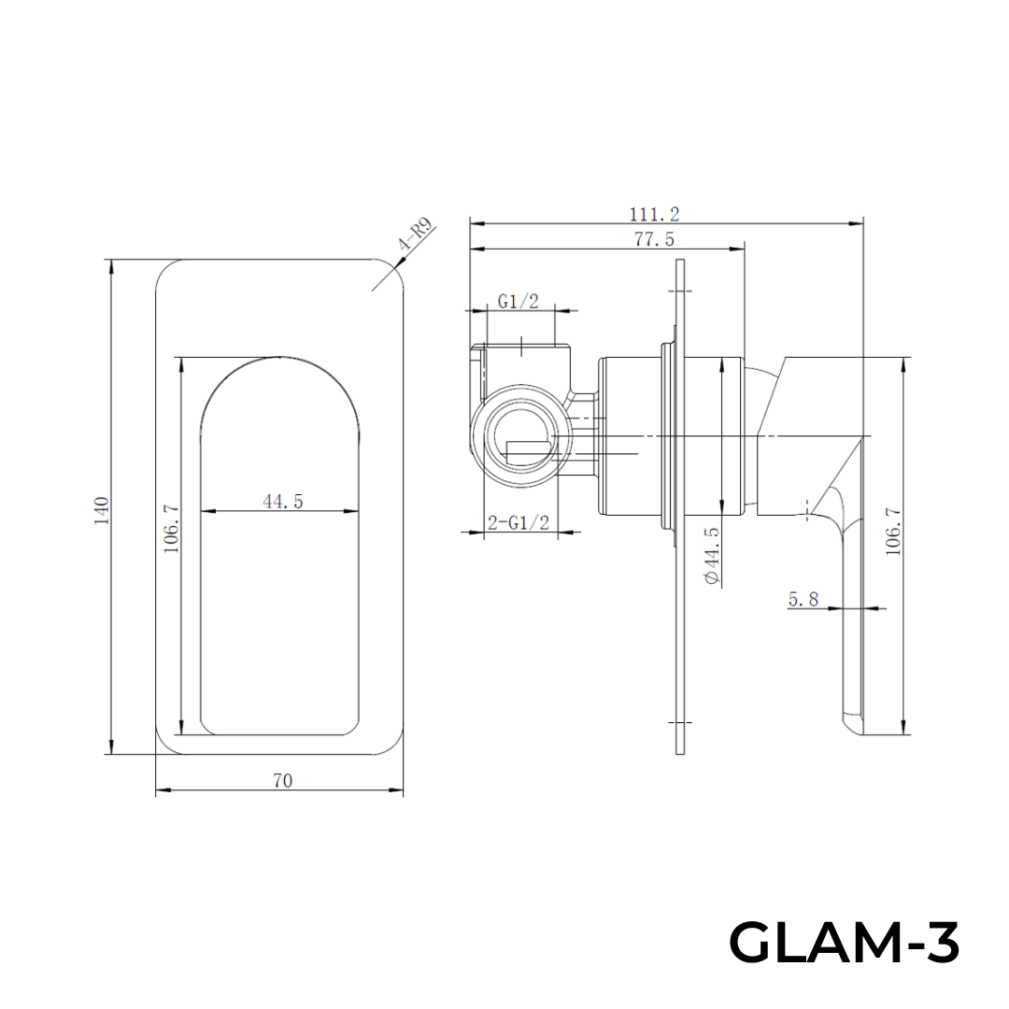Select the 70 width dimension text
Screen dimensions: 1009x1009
[x=282, y=781]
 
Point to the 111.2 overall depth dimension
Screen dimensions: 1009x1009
[x=654, y=214]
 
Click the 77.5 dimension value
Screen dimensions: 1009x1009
[x=654, y=239]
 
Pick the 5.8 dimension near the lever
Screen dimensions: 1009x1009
[x=803, y=599]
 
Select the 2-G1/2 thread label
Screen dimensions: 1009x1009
[x=517, y=523]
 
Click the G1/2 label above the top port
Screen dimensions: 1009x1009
[x=518, y=301]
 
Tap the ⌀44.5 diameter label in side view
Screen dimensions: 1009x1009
[x=712, y=557]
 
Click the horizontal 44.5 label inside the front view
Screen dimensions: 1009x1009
[x=282, y=502]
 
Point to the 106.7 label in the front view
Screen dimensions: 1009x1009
[x=172, y=529]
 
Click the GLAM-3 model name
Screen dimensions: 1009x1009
[x=844, y=942]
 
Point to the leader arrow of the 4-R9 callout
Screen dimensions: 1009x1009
[x=385, y=264]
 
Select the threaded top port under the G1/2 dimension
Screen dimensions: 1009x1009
[x=522, y=359]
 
